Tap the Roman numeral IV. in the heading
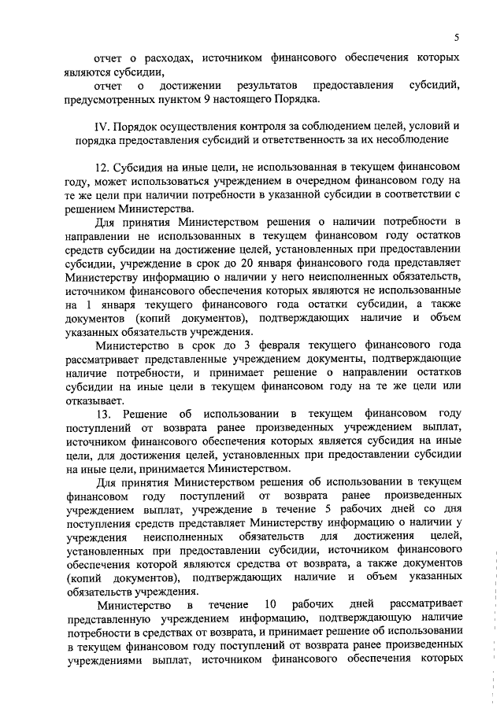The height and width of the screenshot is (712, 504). click(x=102, y=127)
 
